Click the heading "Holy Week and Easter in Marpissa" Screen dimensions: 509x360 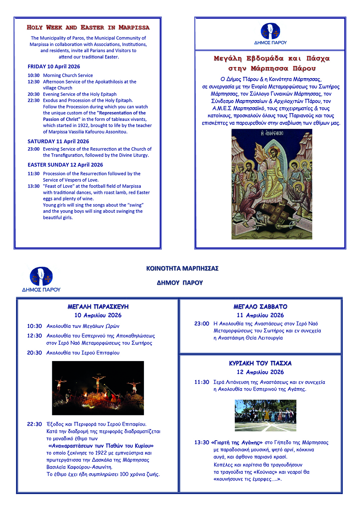[88, 27]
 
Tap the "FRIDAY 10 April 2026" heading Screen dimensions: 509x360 [54, 67]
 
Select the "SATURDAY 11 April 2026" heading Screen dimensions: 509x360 [58, 141]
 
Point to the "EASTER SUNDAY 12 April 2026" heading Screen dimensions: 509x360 [65, 165]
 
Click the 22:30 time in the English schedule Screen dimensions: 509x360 [33, 100]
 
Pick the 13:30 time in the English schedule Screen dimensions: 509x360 [33, 186]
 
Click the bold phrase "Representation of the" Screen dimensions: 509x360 [121, 113]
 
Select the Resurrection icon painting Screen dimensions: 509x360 [272, 184]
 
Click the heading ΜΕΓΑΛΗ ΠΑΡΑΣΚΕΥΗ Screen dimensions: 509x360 [98, 307]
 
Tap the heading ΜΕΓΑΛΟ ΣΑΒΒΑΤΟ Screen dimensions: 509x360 [260, 307]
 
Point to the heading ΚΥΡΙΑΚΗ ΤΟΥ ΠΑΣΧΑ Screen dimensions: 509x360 [260, 363]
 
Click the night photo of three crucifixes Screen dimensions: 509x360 [98, 388]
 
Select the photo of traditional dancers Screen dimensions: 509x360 [265, 415]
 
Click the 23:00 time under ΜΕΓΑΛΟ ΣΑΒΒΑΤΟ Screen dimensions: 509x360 [202, 324]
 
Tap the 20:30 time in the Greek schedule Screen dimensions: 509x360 [35, 353]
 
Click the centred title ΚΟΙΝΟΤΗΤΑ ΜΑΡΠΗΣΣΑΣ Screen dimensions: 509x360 [182, 269]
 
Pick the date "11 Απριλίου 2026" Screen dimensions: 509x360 [260, 315]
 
